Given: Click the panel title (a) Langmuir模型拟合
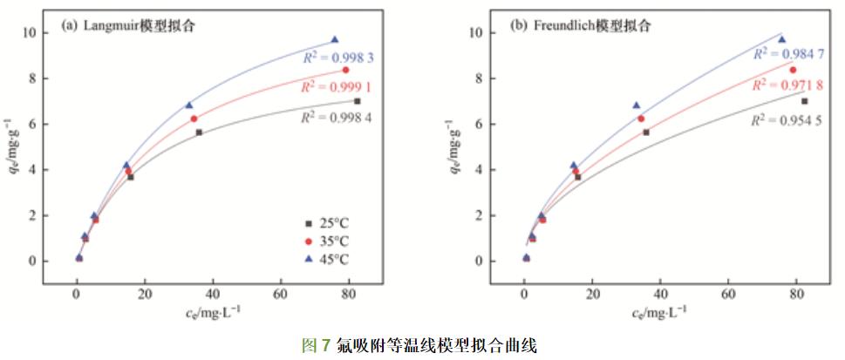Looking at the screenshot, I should [128, 25].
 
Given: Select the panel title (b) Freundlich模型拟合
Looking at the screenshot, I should [580, 25].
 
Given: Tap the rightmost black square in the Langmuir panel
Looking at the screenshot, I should [358, 101].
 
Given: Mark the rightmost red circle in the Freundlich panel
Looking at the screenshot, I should [793, 70].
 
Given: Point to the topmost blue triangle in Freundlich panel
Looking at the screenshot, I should [781, 39].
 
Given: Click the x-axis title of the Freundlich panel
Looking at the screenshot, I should [659, 313].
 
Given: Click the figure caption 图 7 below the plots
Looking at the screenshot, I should [419, 345].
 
